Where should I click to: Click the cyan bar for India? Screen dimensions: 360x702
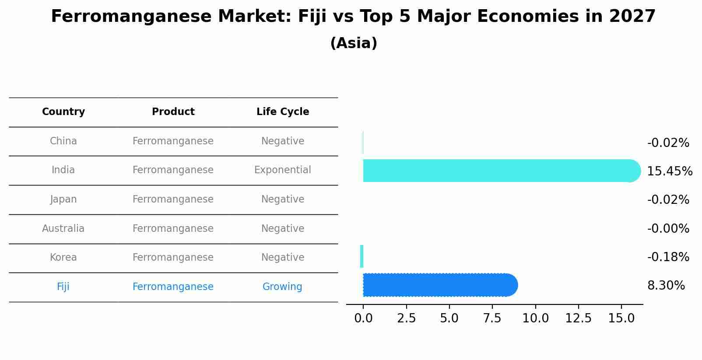(499, 171)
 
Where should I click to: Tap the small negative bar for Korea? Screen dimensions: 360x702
(362, 256)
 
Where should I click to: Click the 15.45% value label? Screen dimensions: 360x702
(669, 171)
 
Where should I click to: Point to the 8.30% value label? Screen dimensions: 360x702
(666, 286)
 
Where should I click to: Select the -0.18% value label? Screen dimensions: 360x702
(668, 257)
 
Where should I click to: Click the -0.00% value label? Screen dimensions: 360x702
(668, 229)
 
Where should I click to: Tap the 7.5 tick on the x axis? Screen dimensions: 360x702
(492, 318)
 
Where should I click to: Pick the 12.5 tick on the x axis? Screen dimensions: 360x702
(578, 318)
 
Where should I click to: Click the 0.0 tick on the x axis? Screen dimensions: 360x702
(363, 318)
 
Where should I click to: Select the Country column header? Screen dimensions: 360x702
(63, 112)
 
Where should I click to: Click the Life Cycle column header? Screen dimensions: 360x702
(283, 112)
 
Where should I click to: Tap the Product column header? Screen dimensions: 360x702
(173, 112)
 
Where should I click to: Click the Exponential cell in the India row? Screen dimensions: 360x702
(283, 170)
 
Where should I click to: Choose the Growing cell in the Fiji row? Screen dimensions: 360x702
(282, 287)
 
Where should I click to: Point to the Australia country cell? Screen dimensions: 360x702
(63, 229)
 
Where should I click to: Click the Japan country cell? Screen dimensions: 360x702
(63, 199)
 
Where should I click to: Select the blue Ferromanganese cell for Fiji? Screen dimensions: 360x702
(173, 287)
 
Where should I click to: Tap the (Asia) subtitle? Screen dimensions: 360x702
(354, 43)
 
